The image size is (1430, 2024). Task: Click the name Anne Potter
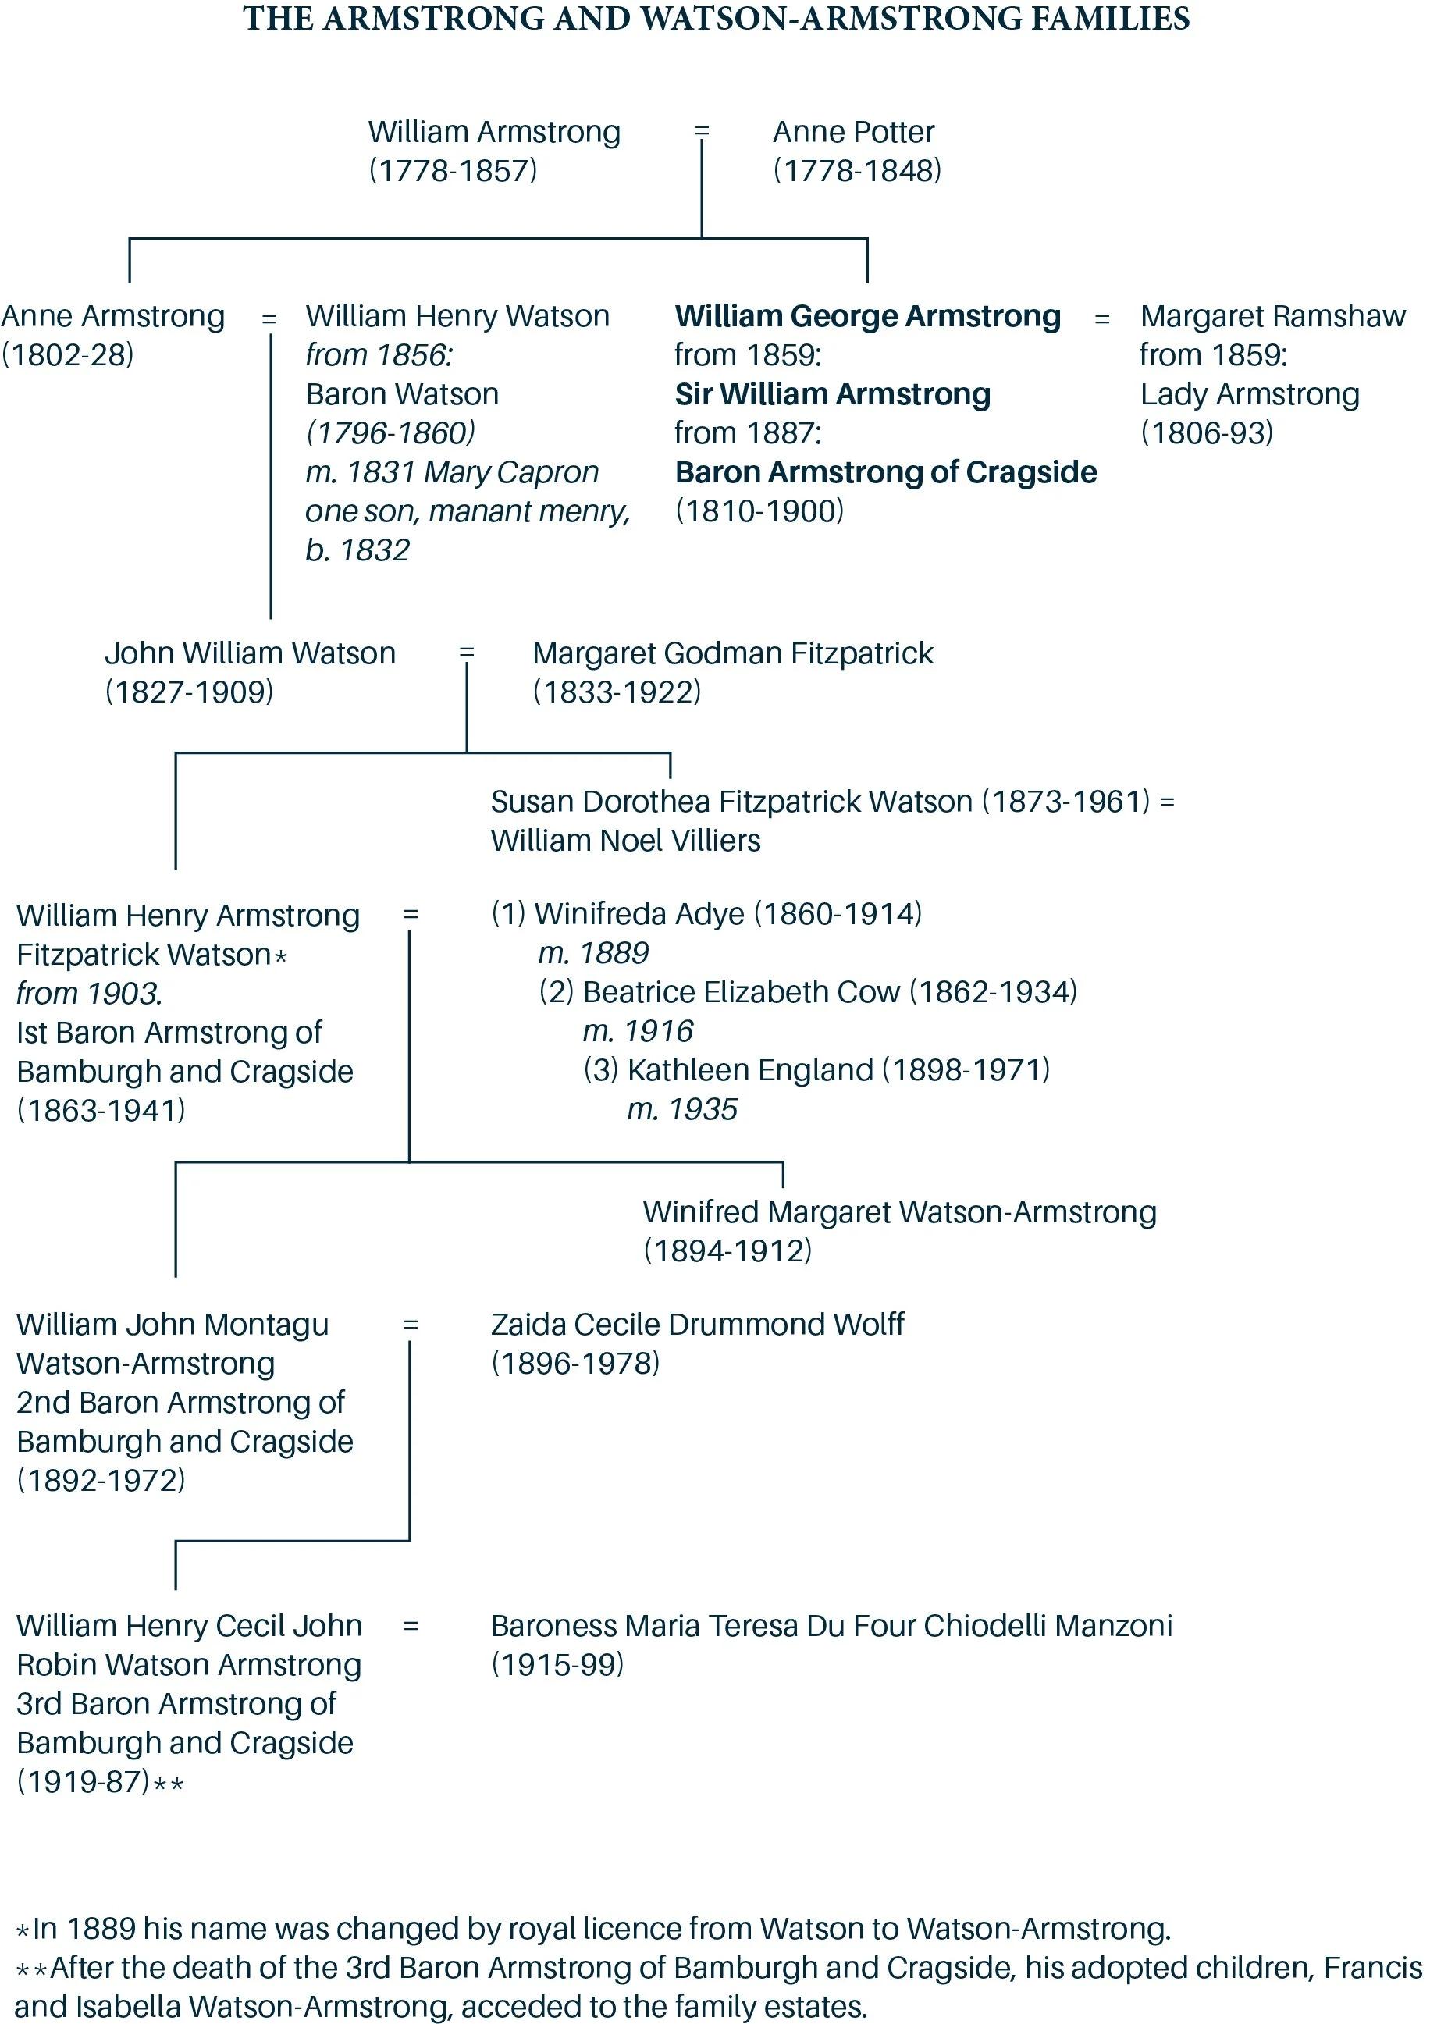tap(852, 132)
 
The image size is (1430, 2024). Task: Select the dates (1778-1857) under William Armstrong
tap(452, 171)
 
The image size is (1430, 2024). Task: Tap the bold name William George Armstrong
tap(867, 316)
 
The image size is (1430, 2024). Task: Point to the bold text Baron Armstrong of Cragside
tap(885, 472)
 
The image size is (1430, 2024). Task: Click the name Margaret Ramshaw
tap(1272, 316)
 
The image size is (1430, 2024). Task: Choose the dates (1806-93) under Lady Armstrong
tap(1206, 433)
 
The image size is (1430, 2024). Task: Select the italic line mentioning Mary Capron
tap(451, 472)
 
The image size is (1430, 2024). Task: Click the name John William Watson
tap(250, 653)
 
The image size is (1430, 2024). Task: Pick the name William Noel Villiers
tap(625, 841)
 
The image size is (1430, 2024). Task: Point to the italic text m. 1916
tap(638, 1031)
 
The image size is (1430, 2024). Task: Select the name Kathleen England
tap(749, 1070)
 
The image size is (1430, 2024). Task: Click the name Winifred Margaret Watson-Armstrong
tap(899, 1212)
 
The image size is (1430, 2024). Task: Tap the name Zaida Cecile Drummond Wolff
tap(696, 1325)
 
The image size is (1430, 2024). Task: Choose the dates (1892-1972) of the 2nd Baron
tap(101, 1480)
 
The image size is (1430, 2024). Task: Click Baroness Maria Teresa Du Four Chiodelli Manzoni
tap(831, 1626)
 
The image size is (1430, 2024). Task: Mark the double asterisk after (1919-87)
tap(169, 1785)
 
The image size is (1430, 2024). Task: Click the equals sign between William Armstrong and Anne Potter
tap(702, 131)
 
